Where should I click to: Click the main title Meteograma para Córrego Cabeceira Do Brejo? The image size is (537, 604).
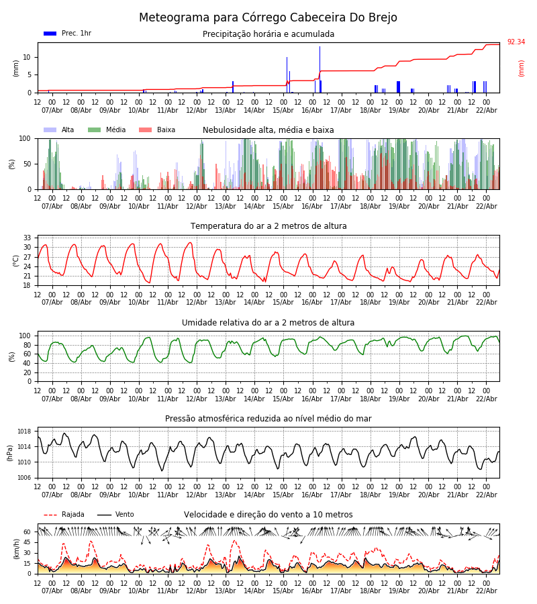pos(268,18)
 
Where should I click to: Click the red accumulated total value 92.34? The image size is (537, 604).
pos(516,42)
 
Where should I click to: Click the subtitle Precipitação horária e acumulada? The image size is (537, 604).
pos(268,34)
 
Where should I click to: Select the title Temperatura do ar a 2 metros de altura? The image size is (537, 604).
pos(268,226)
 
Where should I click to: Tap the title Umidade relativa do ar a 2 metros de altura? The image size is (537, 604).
pos(268,323)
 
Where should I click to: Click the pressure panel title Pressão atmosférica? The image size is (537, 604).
pos(268,419)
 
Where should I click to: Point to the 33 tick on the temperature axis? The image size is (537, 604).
pos(28,238)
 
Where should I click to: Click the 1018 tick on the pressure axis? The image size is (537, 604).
pos(25,432)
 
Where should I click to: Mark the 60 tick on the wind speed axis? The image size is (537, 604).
pos(28,532)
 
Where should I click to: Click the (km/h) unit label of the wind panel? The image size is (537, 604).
pos(16,549)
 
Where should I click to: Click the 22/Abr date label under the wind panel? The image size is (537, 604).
pos(486,591)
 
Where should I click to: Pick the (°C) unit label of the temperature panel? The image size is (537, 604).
pos(16,260)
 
